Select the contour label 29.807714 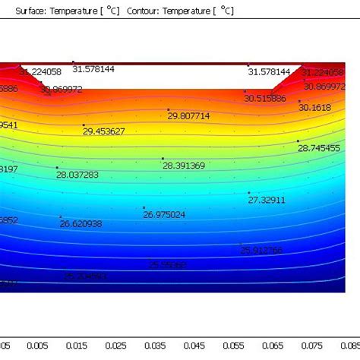tap(189, 116)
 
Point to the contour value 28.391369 tap(184, 166)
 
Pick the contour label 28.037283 tap(77, 175)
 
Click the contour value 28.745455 tap(319, 148)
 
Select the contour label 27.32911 tap(267, 200)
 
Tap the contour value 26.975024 tap(164, 215)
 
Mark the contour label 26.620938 tap(81, 224)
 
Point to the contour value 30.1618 tap(314, 108)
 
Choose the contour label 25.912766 tap(261, 250)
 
